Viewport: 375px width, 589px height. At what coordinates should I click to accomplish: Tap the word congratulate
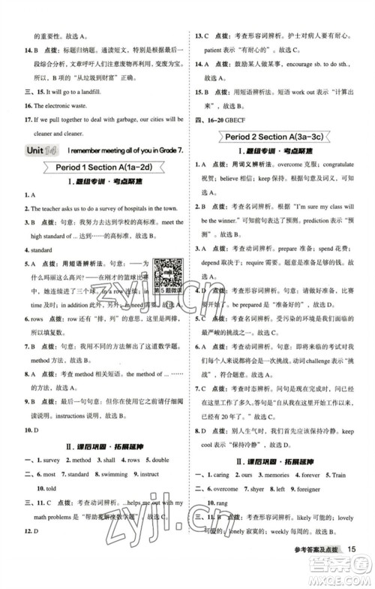pos(336,185)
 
